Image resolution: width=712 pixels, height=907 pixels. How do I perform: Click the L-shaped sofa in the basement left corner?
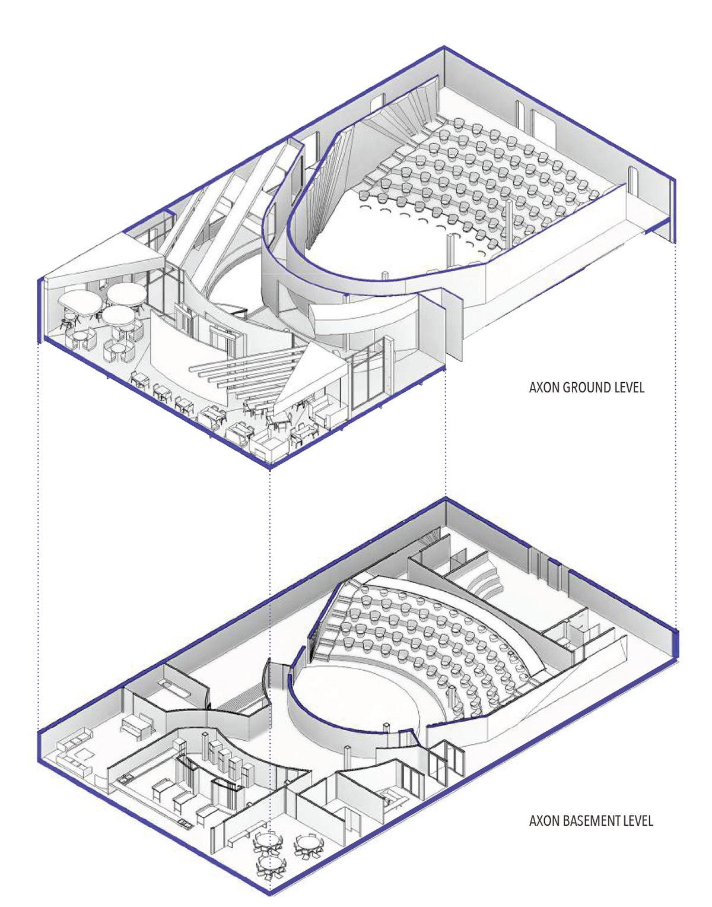point(74,751)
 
